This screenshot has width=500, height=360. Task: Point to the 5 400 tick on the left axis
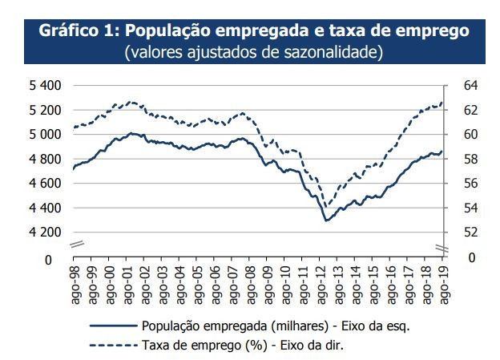tap(45, 85)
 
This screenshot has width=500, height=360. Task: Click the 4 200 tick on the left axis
tap(45, 232)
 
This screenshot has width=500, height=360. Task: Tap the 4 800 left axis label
tap(45, 159)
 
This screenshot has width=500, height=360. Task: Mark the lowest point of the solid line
tap(326, 220)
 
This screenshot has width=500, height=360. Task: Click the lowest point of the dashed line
tap(325, 205)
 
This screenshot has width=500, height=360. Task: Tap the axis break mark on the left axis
tap(75, 244)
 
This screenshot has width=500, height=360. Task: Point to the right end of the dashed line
tap(442, 102)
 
